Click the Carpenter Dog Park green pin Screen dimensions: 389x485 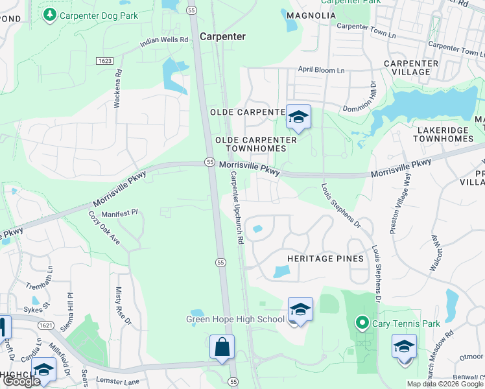[x=49, y=14]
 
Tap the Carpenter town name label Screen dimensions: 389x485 [x=222, y=37]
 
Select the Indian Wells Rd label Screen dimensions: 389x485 [x=164, y=43]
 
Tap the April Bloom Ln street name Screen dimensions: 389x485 [x=321, y=69]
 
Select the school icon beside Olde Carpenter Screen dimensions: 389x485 [x=298, y=117]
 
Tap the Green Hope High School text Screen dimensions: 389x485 [x=235, y=318]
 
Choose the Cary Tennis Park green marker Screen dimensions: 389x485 [x=362, y=322]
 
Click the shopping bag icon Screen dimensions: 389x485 [x=222, y=347]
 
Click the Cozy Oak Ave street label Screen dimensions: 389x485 [x=105, y=228]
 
